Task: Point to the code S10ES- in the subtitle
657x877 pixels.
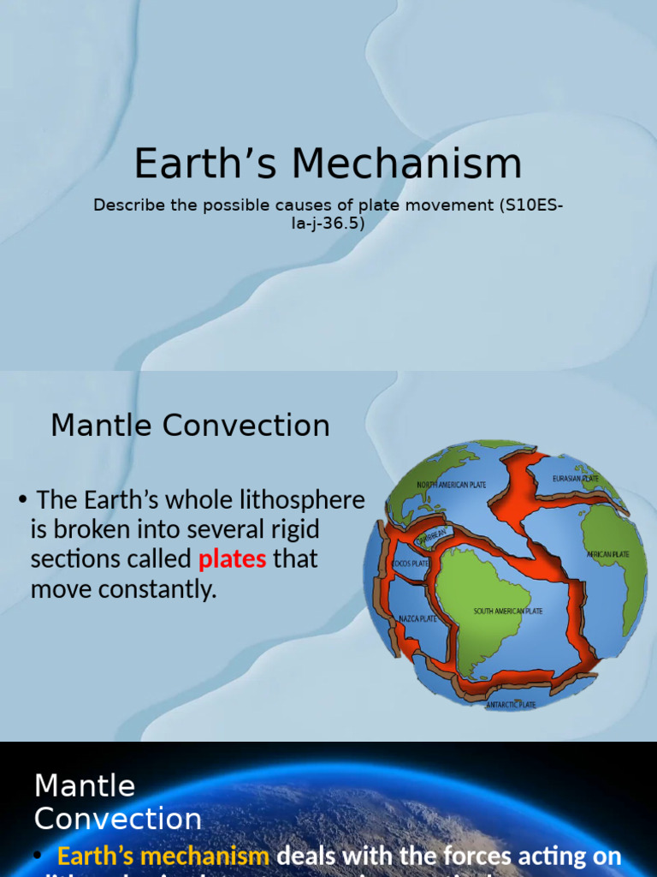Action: pos(532,206)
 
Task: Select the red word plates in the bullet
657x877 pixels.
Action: pos(232,559)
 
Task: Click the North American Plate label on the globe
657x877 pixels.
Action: pos(451,485)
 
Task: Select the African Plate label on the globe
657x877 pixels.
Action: pos(607,554)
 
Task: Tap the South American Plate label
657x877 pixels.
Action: pos(508,612)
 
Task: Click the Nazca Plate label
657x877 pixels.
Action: pos(418,618)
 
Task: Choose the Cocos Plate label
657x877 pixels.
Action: pos(410,564)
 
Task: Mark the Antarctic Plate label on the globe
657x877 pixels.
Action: pos(511,705)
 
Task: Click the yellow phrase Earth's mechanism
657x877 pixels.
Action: pos(163,856)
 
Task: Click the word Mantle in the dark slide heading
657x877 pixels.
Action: pos(85,785)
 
